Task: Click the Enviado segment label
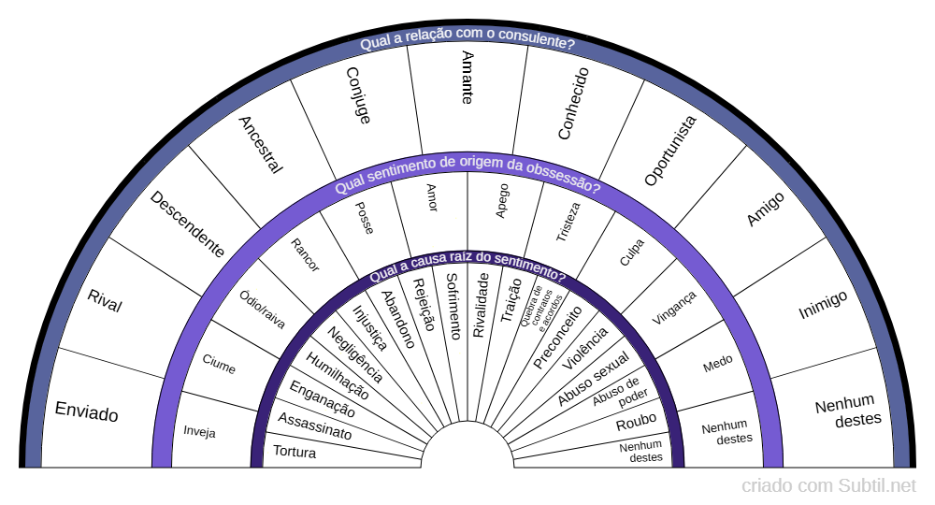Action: point(87,411)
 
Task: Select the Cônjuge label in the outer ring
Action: point(358,94)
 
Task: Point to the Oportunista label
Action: point(670,151)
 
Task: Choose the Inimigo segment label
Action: point(823,305)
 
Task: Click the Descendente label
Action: point(187,224)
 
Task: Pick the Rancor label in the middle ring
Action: point(305,255)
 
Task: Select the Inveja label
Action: point(199,432)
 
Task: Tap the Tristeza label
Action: point(568,223)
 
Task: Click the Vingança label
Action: point(674,307)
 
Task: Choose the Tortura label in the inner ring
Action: point(295,453)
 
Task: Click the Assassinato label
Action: point(314,426)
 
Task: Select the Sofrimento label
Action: point(453,305)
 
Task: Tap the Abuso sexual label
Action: point(594,379)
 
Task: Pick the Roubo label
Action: point(636,421)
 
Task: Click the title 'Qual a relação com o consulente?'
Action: point(467,43)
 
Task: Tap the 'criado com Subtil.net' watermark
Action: point(828,486)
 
